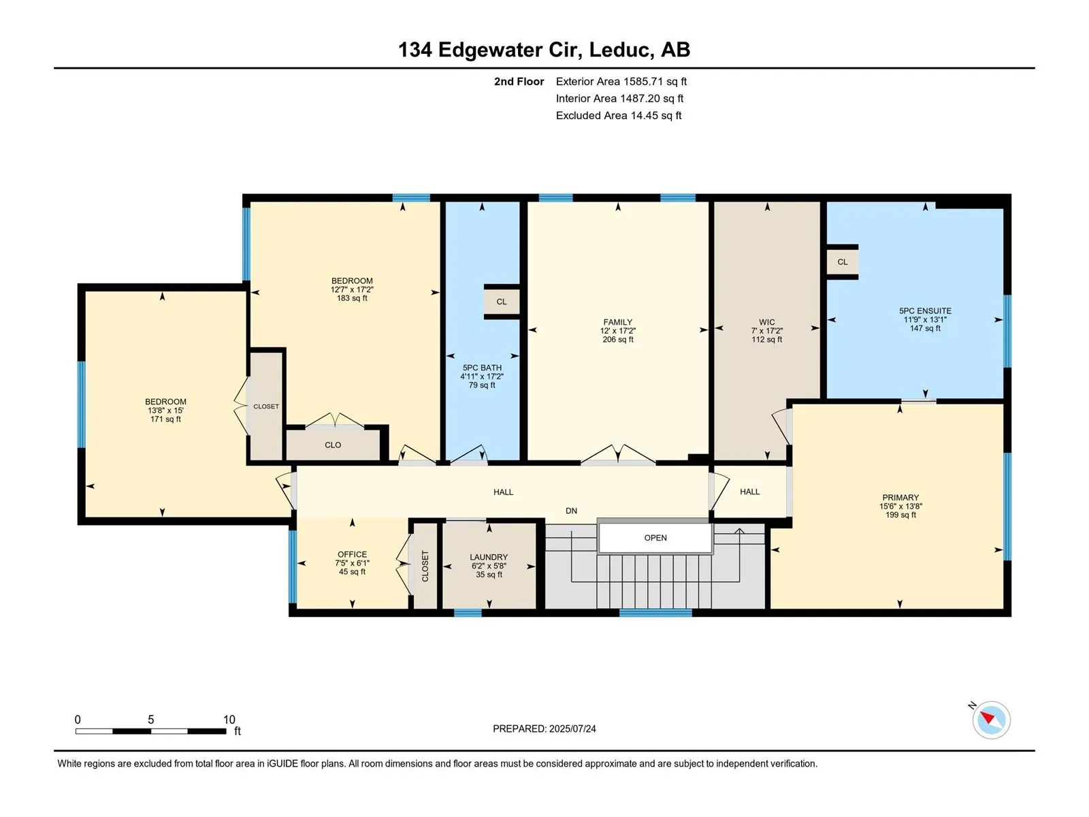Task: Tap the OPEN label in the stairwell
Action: (x=655, y=538)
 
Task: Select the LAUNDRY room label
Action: (x=489, y=557)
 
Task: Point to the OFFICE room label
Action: (x=353, y=554)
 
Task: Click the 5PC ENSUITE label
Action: (x=925, y=311)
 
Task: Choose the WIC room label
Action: (x=766, y=322)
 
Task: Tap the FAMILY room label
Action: (x=618, y=322)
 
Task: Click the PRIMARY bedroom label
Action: (x=900, y=498)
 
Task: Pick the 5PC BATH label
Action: (x=482, y=368)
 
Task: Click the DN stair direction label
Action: (x=571, y=511)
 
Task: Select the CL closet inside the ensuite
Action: (x=843, y=262)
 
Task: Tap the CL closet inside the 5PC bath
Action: (x=502, y=302)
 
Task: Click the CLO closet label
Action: (x=333, y=445)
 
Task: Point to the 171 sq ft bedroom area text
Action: (x=165, y=419)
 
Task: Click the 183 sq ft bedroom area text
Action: (x=353, y=298)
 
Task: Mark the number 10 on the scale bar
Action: (x=229, y=719)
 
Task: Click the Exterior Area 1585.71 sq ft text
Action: (x=621, y=81)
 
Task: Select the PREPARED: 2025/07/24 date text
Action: (x=544, y=728)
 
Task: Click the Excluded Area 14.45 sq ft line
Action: (x=619, y=116)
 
